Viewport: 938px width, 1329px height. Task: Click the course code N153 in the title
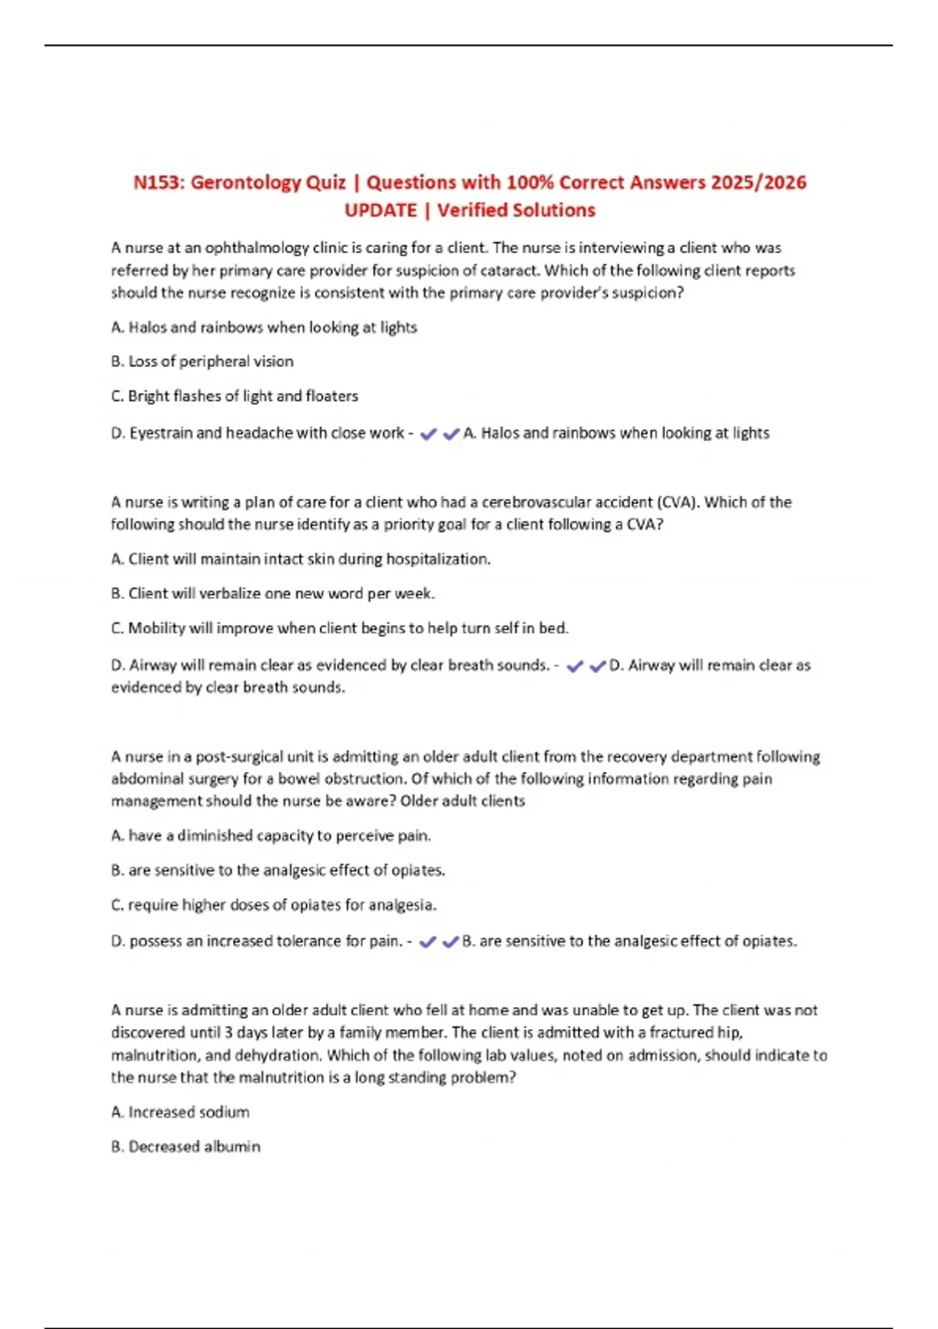coord(157,183)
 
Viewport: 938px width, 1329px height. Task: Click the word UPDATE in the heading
coord(381,211)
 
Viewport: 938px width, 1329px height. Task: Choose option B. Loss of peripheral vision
coord(202,361)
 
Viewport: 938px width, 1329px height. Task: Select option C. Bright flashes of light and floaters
coord(234,396)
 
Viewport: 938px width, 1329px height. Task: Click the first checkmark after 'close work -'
coord(428,434)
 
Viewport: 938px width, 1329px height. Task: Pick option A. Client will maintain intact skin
coord(301,559)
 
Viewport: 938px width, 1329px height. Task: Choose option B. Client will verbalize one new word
coord(273,593)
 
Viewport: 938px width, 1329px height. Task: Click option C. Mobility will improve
coord(340,628)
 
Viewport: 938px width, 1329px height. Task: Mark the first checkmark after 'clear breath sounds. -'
coord(575,666)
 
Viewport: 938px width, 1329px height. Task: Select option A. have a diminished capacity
coord(271,836)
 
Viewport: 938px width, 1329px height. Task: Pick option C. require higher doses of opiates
coord(274,905)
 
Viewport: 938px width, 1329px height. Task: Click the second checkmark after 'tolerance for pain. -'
coord(450,942)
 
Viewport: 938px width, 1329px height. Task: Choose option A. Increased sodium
coord(181,1112)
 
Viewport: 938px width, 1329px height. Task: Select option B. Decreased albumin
coord(186,1146)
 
